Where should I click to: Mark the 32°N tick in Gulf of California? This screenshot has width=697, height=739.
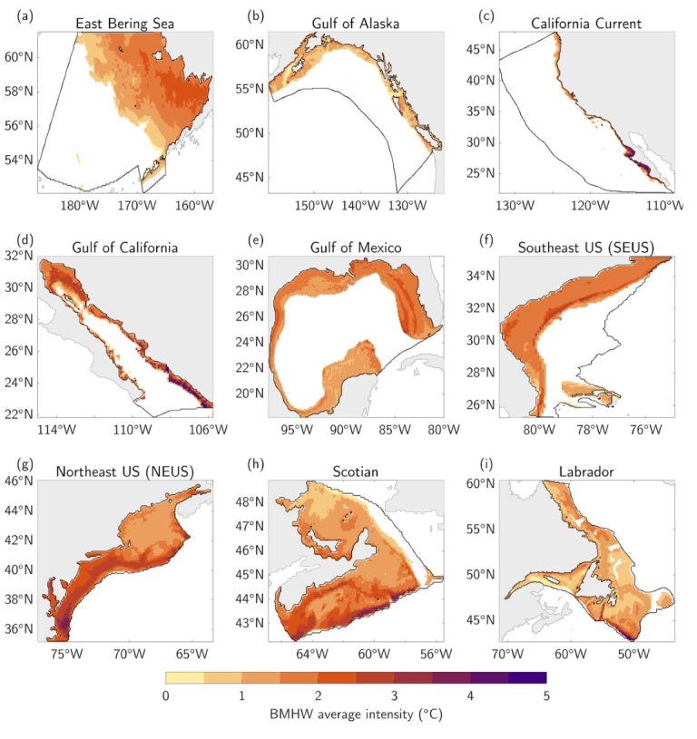coord(19,256)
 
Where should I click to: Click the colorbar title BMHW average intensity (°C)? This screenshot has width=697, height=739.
coord(356,715)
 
